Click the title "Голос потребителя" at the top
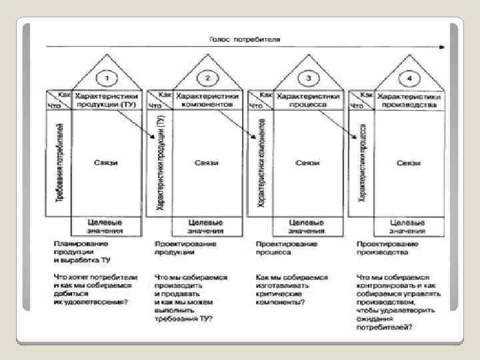pos(245,39)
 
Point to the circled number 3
pos(308,79)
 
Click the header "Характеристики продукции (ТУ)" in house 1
pos(105,101)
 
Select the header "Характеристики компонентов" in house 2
pos(206,101)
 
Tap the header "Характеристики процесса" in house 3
pos(308,101)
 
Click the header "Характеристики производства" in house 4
pos(409,101)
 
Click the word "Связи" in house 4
pos(408,163)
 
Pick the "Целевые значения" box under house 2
pos(207,226)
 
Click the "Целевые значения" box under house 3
pos(308,226)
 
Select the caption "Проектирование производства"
pos(387,249)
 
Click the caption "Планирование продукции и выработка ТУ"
pos(83,253)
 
